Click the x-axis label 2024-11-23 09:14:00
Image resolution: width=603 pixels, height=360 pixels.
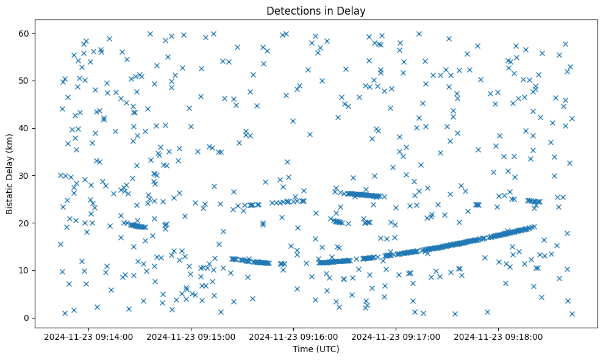coord(89,336)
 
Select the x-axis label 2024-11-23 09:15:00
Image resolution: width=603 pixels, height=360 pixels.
coord(191,336)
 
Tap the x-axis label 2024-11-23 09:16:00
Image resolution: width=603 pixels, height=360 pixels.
coord(294,336)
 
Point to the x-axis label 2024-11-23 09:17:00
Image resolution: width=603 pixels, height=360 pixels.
coord(396,336)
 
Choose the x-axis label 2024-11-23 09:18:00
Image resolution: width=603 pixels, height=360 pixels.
coord(499,336)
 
